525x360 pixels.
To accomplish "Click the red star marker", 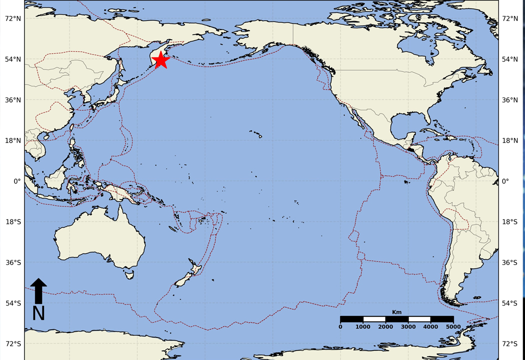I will [160, 60].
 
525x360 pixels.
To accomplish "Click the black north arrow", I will [38, 290].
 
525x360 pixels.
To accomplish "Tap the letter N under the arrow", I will [38, 313].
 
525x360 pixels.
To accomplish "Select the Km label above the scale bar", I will [396, 312].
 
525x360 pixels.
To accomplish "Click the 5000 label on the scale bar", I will [452, 327].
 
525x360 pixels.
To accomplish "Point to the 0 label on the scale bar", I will [340, 327].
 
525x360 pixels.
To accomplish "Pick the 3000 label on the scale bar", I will [408, 327].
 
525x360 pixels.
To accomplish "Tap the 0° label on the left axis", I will [17, 181].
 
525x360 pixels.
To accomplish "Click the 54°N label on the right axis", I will [510, 59].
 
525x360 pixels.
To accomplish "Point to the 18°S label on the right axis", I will [510, 222].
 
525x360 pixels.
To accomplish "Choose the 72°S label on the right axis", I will [510, 344].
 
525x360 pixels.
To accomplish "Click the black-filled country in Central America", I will [411, 148].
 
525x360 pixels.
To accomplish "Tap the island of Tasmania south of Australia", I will [129, 274].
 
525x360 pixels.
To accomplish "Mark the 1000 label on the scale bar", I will [363, 327].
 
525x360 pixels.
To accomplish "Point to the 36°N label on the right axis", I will [510, 100].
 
